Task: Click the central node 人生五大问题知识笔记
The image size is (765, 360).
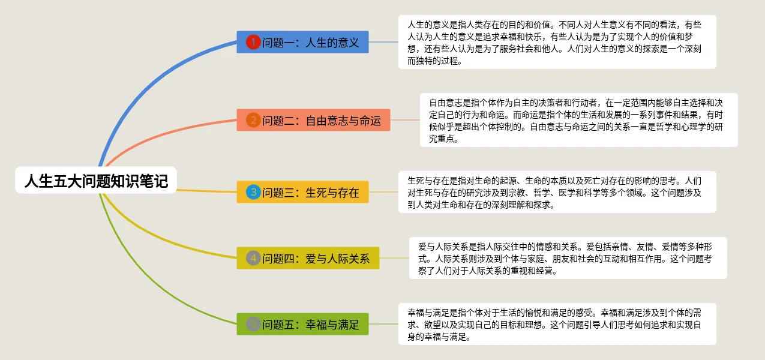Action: (96, 180)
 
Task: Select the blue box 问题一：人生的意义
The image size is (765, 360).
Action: (302, 42)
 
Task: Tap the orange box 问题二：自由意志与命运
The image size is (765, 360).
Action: (313, 120)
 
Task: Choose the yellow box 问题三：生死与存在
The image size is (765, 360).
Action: (302, 192)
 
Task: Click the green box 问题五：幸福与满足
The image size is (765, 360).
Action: (302, 324)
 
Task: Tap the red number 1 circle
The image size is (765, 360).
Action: (253, 42)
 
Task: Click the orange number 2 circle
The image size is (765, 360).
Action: (253, 120)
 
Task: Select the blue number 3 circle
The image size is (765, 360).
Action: (253, 192)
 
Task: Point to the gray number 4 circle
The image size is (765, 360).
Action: (253, 258)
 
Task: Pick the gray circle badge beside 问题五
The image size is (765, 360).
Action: (253, 324)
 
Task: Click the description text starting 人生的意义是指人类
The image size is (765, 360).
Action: (557, 42)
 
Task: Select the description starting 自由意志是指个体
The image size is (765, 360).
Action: (578, 120)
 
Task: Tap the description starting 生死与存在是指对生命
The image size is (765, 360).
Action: (557, 192)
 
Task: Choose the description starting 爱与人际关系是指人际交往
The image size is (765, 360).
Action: (568, 258)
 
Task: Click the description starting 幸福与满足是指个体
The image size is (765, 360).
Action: (557, 324)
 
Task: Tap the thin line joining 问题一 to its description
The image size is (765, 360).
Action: (383, 42)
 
